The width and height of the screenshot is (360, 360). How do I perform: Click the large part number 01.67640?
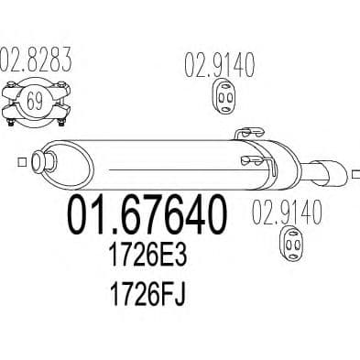[x=147, y=215]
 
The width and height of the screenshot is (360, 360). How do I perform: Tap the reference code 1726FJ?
[x=147, y=294]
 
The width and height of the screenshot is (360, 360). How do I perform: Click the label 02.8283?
[x=36, y=60]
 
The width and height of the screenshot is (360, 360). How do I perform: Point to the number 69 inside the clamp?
[x=35, y=101]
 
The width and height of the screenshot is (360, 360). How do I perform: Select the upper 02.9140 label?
[x=219, y=65]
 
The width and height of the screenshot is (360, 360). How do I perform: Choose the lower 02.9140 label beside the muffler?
[x=287, y=212]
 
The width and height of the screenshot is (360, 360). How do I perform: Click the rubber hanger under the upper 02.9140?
[x=225, y=96]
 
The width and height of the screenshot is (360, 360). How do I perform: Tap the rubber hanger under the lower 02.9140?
[x=292, y=244]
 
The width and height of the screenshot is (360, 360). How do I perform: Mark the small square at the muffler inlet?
[x=21, y=162]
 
